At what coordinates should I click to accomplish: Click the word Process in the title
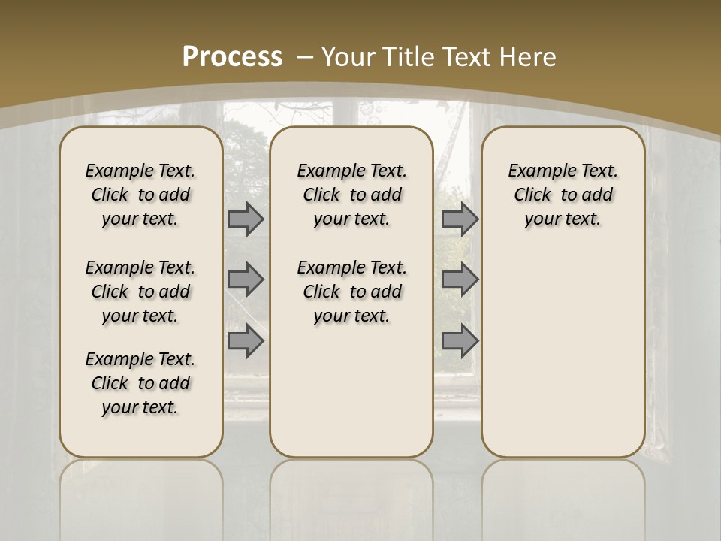[232, 56]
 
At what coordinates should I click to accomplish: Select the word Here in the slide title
[527, 56]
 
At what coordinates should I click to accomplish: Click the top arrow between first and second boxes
[245, 219]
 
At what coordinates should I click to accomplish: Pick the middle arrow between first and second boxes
[245, 280]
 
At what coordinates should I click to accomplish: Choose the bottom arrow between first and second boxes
[245, 341]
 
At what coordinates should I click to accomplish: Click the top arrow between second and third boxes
[460, 219]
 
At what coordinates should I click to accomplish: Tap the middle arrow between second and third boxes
[460, 280]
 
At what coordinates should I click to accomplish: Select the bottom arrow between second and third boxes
[460, 341]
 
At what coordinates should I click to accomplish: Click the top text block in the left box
[140, 195]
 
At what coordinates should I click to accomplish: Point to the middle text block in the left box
[140, 292]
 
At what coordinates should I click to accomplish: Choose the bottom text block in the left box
[140, 383]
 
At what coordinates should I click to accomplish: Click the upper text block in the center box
[351, 195]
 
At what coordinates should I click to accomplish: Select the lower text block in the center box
[351, 292]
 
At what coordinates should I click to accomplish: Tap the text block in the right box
[563, 195]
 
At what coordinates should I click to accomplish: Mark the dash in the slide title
[306, 56]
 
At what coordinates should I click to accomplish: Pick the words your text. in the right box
[563, 219]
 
